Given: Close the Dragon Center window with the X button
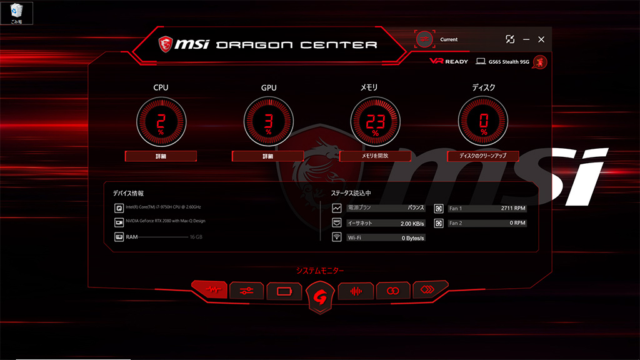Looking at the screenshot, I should coord(541,39).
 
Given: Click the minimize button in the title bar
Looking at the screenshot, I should coord(526,39).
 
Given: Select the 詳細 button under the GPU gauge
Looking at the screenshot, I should coord(268,156).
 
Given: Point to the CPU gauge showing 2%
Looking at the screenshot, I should coord(161,122).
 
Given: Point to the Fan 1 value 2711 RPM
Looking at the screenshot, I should coord(513,208).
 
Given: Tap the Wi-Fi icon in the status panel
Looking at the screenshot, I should coord(337,237).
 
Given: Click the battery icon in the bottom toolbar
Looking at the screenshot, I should coord(284,291).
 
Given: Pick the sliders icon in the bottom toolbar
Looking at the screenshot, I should coord(246,291).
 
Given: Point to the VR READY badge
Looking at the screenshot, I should coord(449,62).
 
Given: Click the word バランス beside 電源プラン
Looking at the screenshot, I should coord(416,208).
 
